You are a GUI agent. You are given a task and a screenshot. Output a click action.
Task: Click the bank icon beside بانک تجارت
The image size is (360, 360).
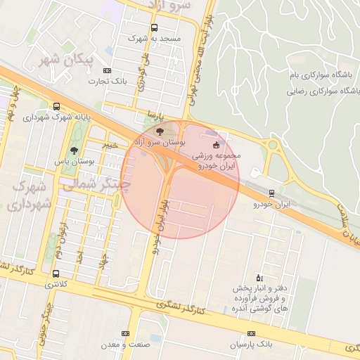(107, 70)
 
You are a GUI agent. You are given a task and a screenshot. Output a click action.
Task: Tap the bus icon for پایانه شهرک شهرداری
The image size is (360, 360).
(56, 106)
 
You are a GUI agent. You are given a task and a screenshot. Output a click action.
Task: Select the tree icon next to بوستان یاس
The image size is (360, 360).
(75, 150)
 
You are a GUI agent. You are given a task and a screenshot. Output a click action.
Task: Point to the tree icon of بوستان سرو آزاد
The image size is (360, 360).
(160, 131)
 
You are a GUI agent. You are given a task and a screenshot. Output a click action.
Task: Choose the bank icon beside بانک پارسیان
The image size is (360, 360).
(251, 334)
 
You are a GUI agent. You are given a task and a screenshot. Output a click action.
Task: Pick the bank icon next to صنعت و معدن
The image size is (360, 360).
(125, 333)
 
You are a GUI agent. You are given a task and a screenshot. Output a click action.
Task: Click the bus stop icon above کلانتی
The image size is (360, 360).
(56, 274)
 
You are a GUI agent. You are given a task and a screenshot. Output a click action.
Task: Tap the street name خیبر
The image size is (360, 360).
(110, 144)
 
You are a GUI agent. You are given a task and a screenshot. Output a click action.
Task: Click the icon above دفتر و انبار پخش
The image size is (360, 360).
(259, 276)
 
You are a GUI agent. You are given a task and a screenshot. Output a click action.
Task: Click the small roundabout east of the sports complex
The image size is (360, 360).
(273, 146)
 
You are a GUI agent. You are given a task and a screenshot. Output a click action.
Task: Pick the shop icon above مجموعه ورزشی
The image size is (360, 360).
(215, 145)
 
